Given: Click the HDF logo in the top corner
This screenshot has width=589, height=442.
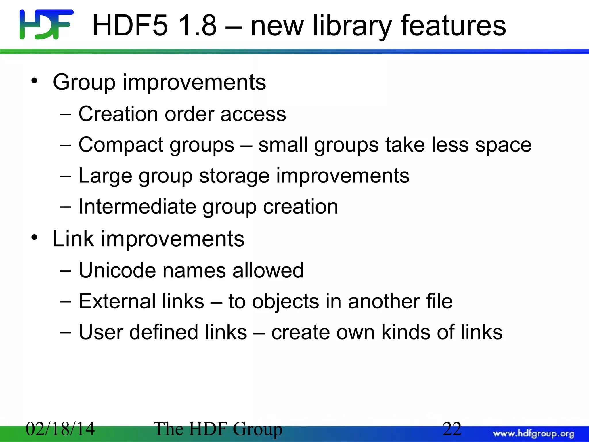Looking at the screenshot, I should tap(46, 24).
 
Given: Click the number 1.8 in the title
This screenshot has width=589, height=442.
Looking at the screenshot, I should tap(197, 26).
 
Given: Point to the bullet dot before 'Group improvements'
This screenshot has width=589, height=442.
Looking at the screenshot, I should tap(35, 81).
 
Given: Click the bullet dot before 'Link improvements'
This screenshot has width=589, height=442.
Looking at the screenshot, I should tap(35, 237).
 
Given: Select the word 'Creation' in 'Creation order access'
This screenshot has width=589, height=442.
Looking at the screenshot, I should tap(118, 114).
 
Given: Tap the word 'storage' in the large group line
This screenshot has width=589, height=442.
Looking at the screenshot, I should tap(234, 176).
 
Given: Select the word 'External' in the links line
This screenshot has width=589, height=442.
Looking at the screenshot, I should tap(117, 301).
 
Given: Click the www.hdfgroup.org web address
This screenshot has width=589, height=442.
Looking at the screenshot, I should tap(533, 433).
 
